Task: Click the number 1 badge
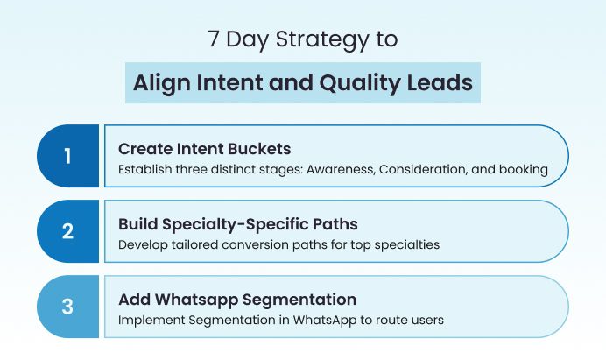67,157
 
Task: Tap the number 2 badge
67,232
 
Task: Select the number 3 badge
67,307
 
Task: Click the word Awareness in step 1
337,170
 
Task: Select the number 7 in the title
214,40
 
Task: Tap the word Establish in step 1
145,170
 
